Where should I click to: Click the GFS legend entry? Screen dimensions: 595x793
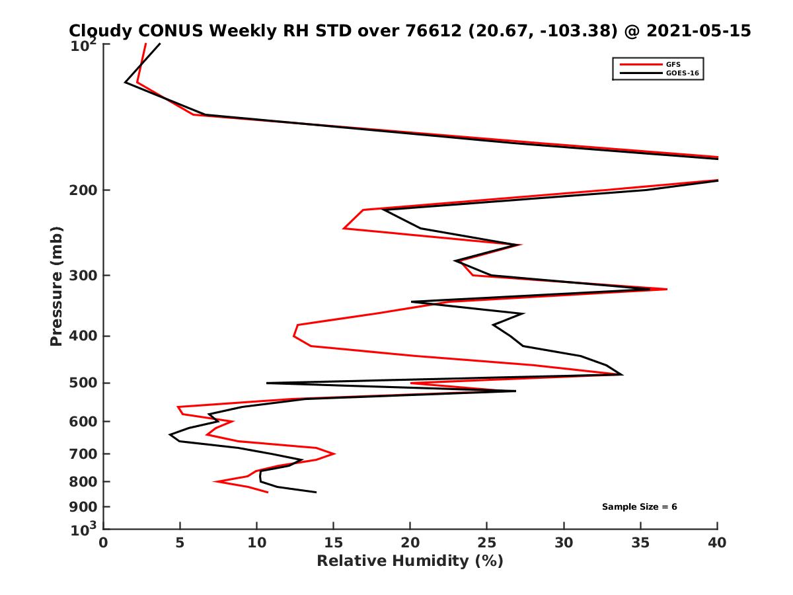point(673,64)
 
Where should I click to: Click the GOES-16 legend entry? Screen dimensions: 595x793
point(683,73)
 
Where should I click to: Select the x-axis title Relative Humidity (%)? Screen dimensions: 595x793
point(410,561)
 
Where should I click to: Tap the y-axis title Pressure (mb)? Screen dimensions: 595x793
point(56,286)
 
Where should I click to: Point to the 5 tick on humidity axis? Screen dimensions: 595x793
point(180,543)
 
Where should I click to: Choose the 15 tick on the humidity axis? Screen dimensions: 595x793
point(333,543)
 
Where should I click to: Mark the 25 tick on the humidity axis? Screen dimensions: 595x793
point(487,543)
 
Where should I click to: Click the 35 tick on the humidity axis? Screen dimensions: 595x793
point(640,543)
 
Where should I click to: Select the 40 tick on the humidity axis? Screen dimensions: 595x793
point(717,543)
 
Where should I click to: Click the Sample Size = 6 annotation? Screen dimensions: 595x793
point(639,507)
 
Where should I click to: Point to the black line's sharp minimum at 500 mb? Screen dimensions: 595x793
point(267,383)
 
